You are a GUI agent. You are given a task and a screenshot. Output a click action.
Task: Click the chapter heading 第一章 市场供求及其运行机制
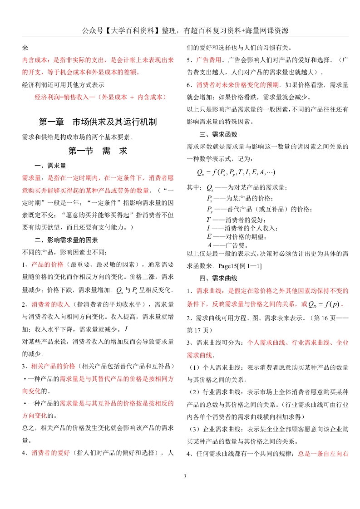point(98,122)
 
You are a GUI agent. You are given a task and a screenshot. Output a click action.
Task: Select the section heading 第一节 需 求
point(98,151)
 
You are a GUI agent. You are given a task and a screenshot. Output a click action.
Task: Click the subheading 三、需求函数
point(218,134)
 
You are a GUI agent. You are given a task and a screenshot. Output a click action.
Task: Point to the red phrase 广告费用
point(209,60)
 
